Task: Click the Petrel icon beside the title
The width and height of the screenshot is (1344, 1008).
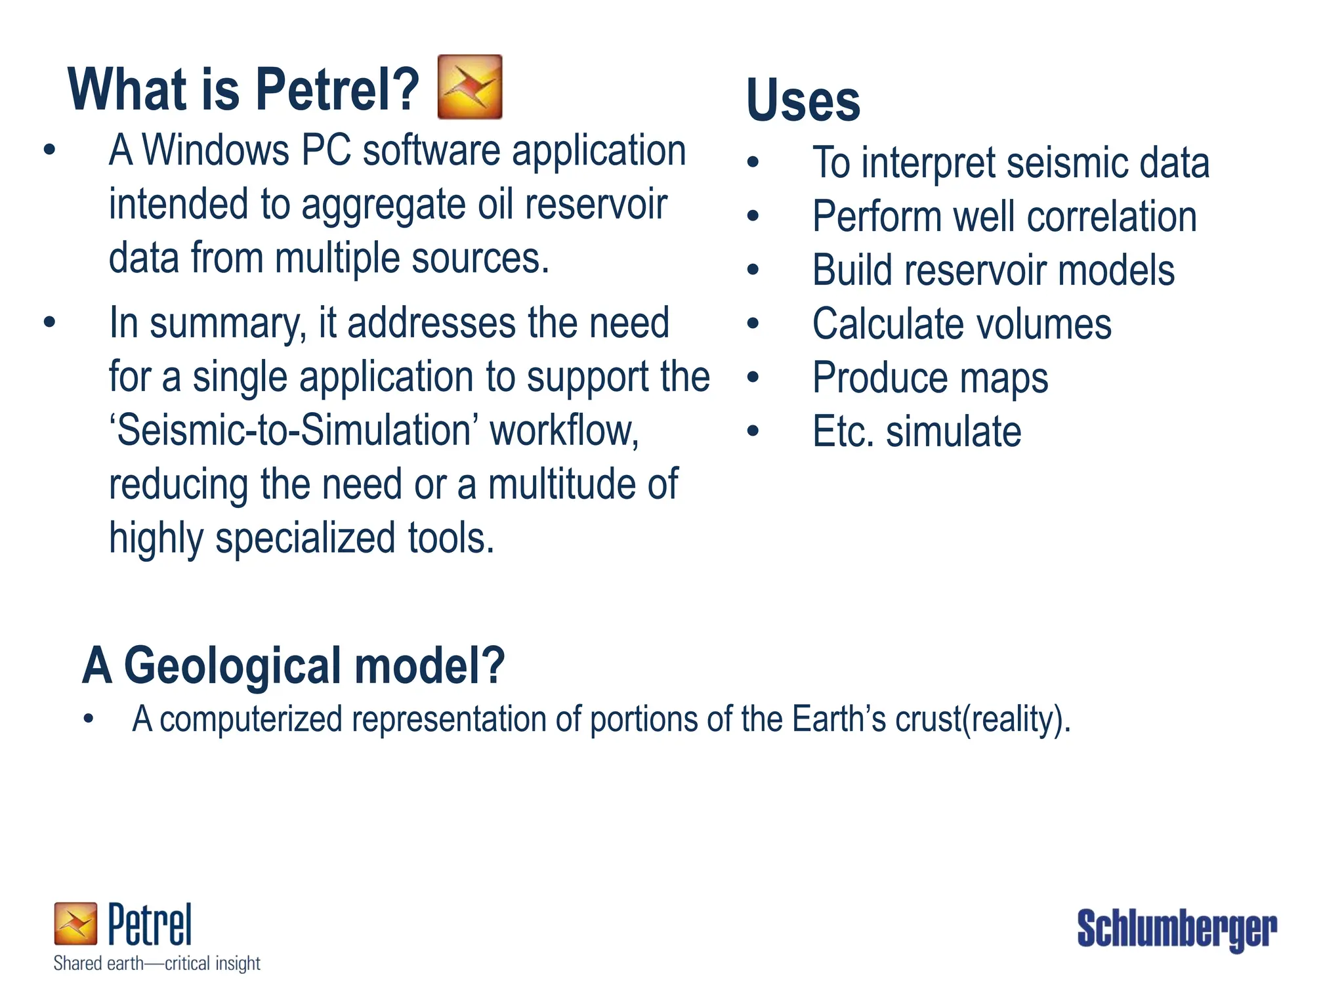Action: [x=470, y=87]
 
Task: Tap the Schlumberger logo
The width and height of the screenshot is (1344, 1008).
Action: [x=1177, y=929]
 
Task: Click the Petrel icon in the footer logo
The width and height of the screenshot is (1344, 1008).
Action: [x=75, y=923]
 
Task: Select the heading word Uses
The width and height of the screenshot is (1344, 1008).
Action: [x=803, y=100]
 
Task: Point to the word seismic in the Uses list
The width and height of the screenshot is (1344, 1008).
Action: [x=1067, y=163]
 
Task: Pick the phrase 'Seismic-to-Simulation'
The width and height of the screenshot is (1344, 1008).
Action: [x=295, y=430]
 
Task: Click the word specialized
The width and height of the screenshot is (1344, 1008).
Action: [x=306, y=538]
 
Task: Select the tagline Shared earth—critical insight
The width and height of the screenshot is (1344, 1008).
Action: [x=157, y=963]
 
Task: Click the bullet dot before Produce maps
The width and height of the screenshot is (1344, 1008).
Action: [x=753, y=377]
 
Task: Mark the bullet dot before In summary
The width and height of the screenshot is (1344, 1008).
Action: [x=49, y=322]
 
